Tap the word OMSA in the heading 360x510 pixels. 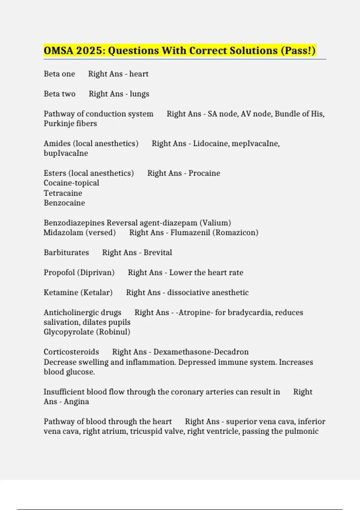coord(58,50)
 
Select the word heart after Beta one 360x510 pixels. coord(139,74)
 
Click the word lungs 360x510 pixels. coord(139,94)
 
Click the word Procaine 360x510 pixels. coord(204,173)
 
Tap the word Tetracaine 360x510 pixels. coord(63,193)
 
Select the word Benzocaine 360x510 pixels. coord(64,203)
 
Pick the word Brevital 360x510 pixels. coord(158,253)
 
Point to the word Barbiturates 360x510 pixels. coord(66,253)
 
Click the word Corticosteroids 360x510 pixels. coord(71,352)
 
